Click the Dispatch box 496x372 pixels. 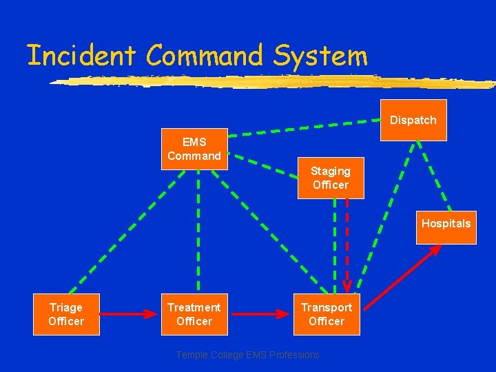(x=413, y=120)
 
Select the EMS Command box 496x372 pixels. (x=194, y=149)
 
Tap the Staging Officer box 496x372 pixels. (x=331, y=178)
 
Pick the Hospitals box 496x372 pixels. (x=446, y=224)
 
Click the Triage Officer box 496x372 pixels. (x=66, y=315)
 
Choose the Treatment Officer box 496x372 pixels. (x=194, y=315)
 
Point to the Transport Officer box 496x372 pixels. (x=327, y=315)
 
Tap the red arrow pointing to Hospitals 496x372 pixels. (x=403, y=276)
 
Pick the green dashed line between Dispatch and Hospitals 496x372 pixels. (x=434, y=176)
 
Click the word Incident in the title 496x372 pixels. (x=83, y=55)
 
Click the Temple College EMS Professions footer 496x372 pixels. (x=248, y=355)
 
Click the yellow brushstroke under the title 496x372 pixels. (x=276, y=82)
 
